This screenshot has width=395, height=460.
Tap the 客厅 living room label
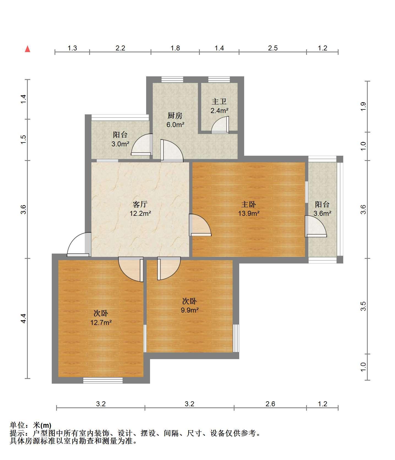click(140, 204)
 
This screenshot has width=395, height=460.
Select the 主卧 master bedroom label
click(249, 204)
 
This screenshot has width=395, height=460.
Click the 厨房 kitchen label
click(175, 115)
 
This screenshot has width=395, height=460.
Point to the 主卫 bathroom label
click(219, 102)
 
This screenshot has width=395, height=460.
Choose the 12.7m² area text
click(101, 322)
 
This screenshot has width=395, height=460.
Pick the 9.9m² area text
click(190, 310)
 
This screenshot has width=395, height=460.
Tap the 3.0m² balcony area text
click(120, 144)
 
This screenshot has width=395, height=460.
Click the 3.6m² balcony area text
click(322, 213)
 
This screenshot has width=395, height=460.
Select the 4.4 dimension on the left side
click(24, 319)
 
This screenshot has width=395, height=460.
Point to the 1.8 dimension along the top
click(175, 48)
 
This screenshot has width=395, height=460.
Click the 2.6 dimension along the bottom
click(270, 404)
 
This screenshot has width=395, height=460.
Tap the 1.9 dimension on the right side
click(363, 106)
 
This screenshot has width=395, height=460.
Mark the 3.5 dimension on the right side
click(363, 306)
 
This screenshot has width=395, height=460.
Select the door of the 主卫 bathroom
click(220, 125)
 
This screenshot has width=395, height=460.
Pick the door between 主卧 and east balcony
click(316, 226)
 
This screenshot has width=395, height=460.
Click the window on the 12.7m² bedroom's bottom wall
click(103, 380)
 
